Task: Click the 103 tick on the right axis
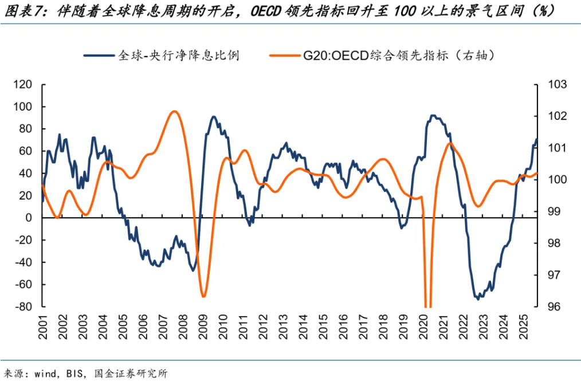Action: coord(556,85)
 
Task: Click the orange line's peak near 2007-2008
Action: coord(175,111)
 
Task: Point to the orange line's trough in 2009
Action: coord(203,296)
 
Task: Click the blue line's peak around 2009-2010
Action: coord(213,117)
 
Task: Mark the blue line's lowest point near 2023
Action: coord(477,298)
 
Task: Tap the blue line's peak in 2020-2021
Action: coord(434,116)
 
